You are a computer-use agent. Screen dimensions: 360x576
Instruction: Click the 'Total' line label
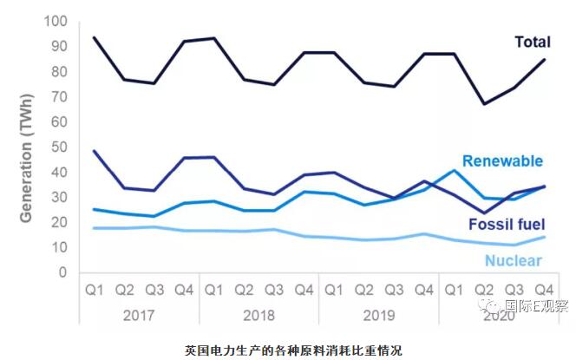533,43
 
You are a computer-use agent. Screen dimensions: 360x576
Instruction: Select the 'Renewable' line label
502,160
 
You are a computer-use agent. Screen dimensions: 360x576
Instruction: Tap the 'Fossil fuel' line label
507,226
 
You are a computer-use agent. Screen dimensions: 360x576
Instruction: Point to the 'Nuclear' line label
514,261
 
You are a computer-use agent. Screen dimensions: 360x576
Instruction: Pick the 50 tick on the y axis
58,147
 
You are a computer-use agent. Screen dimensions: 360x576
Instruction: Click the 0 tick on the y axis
62,272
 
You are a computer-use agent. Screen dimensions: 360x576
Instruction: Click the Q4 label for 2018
304,289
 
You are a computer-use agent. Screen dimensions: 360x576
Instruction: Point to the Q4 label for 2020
544,289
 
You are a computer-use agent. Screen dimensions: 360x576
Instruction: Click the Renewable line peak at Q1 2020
453,170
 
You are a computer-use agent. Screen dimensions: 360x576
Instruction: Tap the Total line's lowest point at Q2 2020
484,104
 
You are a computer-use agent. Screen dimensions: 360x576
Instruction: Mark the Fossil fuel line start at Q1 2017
93,151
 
